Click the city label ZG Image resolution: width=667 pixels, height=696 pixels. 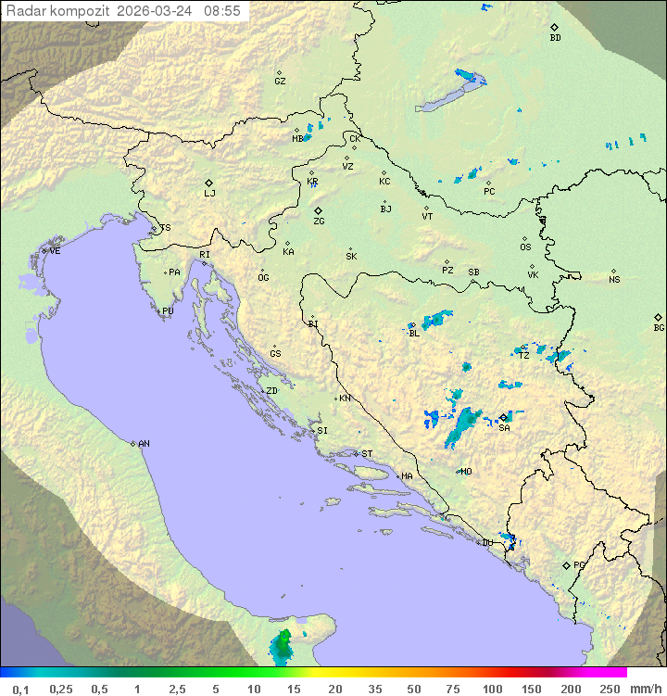point(319,221)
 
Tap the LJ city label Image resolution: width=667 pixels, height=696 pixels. point(209,194)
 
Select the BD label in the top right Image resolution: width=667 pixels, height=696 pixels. point(555,38)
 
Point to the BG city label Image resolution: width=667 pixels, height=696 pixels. point(659,327)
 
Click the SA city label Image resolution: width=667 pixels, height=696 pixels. point(504,427)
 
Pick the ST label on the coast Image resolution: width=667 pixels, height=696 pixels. point(367,454)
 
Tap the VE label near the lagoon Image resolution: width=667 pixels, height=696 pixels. point(55,251)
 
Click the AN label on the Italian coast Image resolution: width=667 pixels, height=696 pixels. point(144,444)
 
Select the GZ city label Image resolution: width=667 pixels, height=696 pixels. point(280,82)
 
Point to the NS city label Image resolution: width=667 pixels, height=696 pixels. point(614,280)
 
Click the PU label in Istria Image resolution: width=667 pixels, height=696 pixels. point(168,311)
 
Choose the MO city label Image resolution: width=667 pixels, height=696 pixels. point(466,472)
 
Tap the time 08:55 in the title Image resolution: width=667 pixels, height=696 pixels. point(222,11)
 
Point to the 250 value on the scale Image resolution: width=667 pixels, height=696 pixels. point(609,689)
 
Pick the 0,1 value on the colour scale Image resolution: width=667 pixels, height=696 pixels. point(20,689)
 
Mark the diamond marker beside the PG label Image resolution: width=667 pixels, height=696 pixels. point(566,564)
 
